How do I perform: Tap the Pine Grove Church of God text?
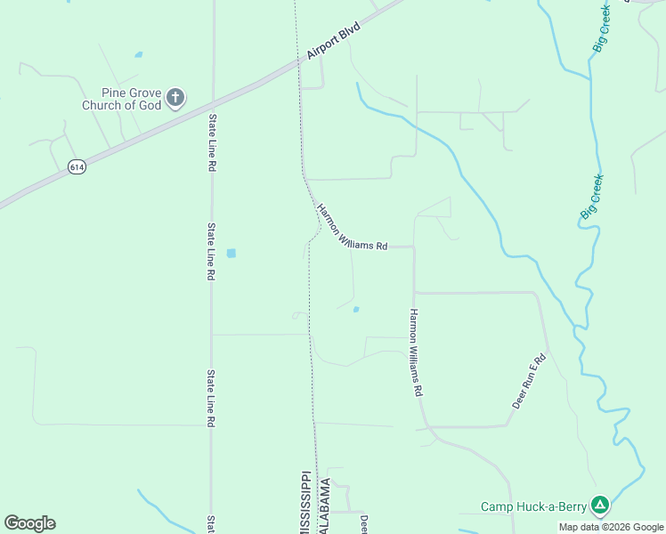point(122,99)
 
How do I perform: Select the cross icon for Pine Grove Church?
point(175,97)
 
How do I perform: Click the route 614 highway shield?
point(77,166)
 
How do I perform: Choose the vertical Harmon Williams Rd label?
point(415,352)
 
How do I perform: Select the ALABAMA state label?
point(327,506)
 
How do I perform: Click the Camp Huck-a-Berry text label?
point(533,506)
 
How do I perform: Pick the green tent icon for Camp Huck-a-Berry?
point(601,506)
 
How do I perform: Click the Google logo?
point(29,523)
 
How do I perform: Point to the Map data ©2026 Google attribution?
point(611,527)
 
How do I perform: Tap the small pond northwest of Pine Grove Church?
point(138,54)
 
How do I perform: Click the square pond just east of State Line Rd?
point(231,253)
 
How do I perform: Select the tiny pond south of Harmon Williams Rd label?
point(356,310)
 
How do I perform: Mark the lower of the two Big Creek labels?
point(591,197)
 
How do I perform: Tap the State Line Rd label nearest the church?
point(213,142)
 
